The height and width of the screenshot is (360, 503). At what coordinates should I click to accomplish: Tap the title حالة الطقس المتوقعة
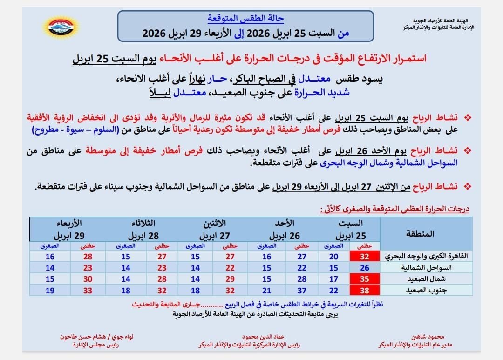point(245,19)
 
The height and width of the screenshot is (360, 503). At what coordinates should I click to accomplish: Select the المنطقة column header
point(423,233)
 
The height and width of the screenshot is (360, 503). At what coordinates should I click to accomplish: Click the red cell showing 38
point(365,290)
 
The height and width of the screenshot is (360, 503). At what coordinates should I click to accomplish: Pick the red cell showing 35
point(365,279)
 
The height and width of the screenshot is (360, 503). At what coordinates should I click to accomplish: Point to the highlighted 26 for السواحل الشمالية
point(365,268)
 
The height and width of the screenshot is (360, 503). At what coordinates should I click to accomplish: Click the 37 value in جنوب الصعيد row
point(302,290)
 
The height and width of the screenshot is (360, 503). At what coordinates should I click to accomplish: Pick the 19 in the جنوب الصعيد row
point(50,290)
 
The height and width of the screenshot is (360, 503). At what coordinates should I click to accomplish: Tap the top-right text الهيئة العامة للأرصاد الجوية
point(443,21)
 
